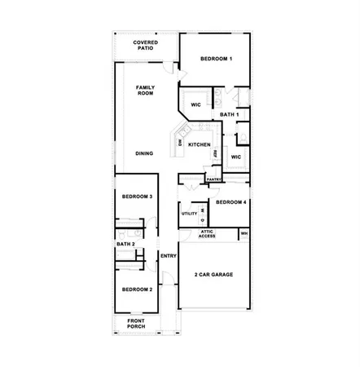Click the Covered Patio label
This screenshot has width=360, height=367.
pyautogui.click(x=146, y=45)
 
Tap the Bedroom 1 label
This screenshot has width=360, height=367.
pyautogui.click(x=217, y=59)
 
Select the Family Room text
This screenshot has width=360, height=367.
pyautogui.click(x=145, y=90)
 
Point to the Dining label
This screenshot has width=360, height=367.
pyautogui.click(x=145, y=153)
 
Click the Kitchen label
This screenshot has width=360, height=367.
pyautogui.click(x=200, y=144)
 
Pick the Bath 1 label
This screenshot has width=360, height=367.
pyautogui.click(x=229, y=115)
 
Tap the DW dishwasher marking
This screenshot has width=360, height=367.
pyautogui.click(x=180, y=144)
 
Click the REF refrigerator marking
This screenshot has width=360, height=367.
pyautogui.click(x=215, y=153)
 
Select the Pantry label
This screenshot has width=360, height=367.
pyautogui.click(x=214, y=179)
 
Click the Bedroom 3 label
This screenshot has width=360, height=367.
pyautogui.click(x=138, y=197)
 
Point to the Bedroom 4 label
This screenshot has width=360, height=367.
pyautogui.click(x=231, y=201)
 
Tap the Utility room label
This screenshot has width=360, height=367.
pyautogui.click(x=189, y=214)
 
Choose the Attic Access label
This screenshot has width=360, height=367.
pyautogui.click(x=208, y=234)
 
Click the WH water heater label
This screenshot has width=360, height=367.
pyautogui.click(x=243, y=234)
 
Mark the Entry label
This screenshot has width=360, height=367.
pyautogui.click(x=169, y=256)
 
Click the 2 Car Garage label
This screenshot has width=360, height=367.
pyautogui.click(x=213, y=275)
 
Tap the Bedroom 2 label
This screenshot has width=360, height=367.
pyautogui.click(x=137, y=290)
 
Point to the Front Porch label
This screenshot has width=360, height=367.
pyautogui.click(x=137, y=324)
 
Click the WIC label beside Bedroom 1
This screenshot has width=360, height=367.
pyautogui.click(x=196, y=105)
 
